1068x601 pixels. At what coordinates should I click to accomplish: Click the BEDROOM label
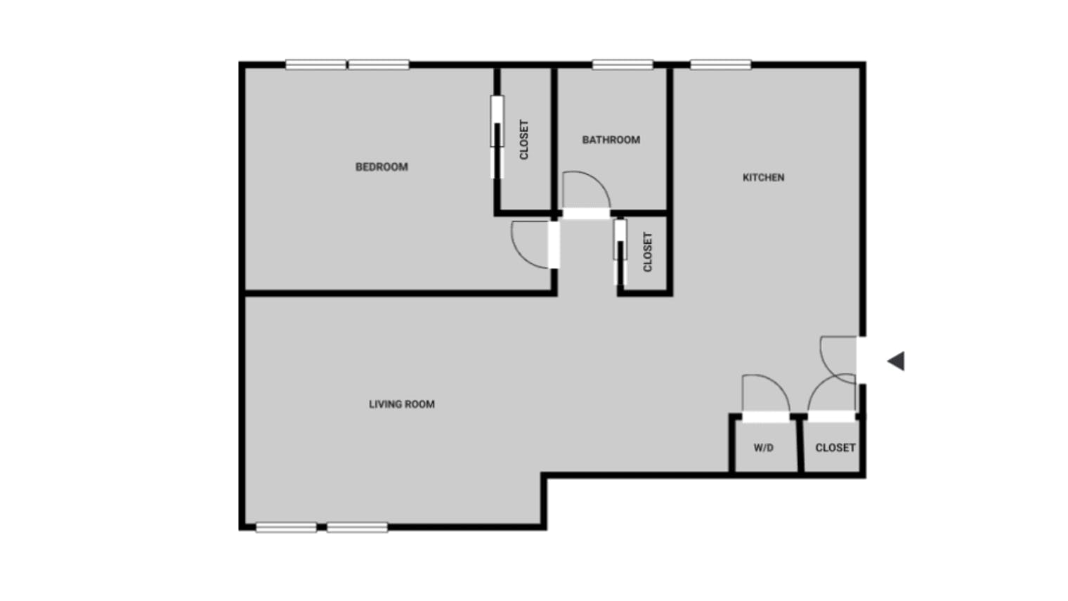382,167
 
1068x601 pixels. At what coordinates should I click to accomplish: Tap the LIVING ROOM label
401,404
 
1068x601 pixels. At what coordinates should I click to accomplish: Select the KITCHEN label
763,177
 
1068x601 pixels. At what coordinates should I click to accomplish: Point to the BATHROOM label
611,140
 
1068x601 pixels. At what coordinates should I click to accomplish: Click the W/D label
763,448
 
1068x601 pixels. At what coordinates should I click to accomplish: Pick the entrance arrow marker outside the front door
896,361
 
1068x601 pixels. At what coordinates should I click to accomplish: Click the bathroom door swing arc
587,188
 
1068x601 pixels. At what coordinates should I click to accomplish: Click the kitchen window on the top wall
720,65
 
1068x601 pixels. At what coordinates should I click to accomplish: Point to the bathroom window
623,65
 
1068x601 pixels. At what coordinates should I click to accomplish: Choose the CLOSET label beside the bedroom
523,139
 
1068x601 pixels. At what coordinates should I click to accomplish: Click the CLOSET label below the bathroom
647,252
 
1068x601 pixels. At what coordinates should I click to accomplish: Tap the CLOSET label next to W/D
835,448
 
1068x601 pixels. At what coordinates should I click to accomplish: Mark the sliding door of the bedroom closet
497,136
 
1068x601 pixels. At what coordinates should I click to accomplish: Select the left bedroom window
315,65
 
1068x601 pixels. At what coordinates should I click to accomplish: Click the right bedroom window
379,65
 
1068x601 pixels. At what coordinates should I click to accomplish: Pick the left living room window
286,527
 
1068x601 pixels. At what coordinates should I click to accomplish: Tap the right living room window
357,527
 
